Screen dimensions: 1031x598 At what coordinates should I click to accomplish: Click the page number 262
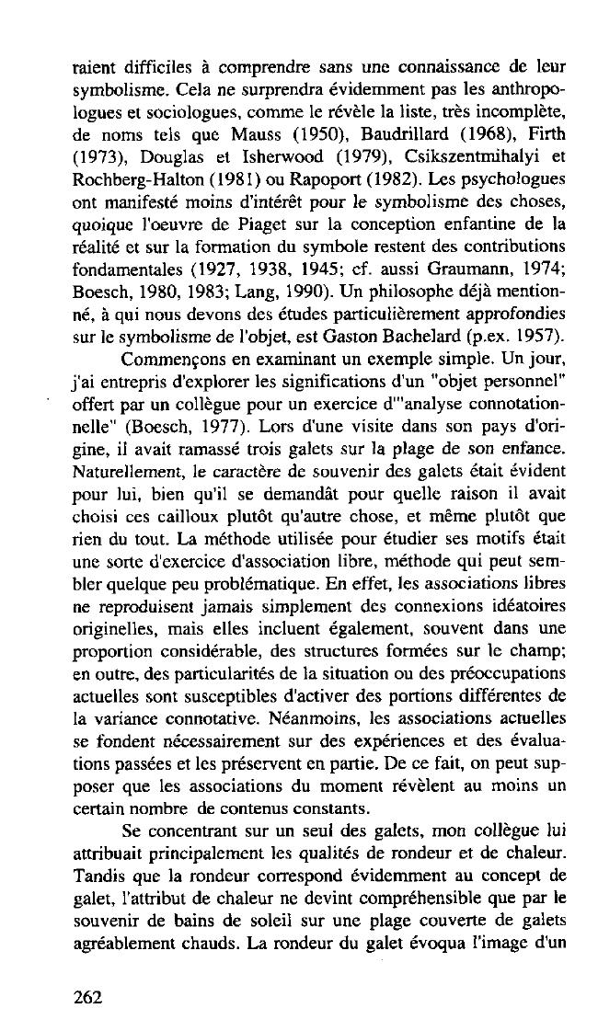point(89,996)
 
